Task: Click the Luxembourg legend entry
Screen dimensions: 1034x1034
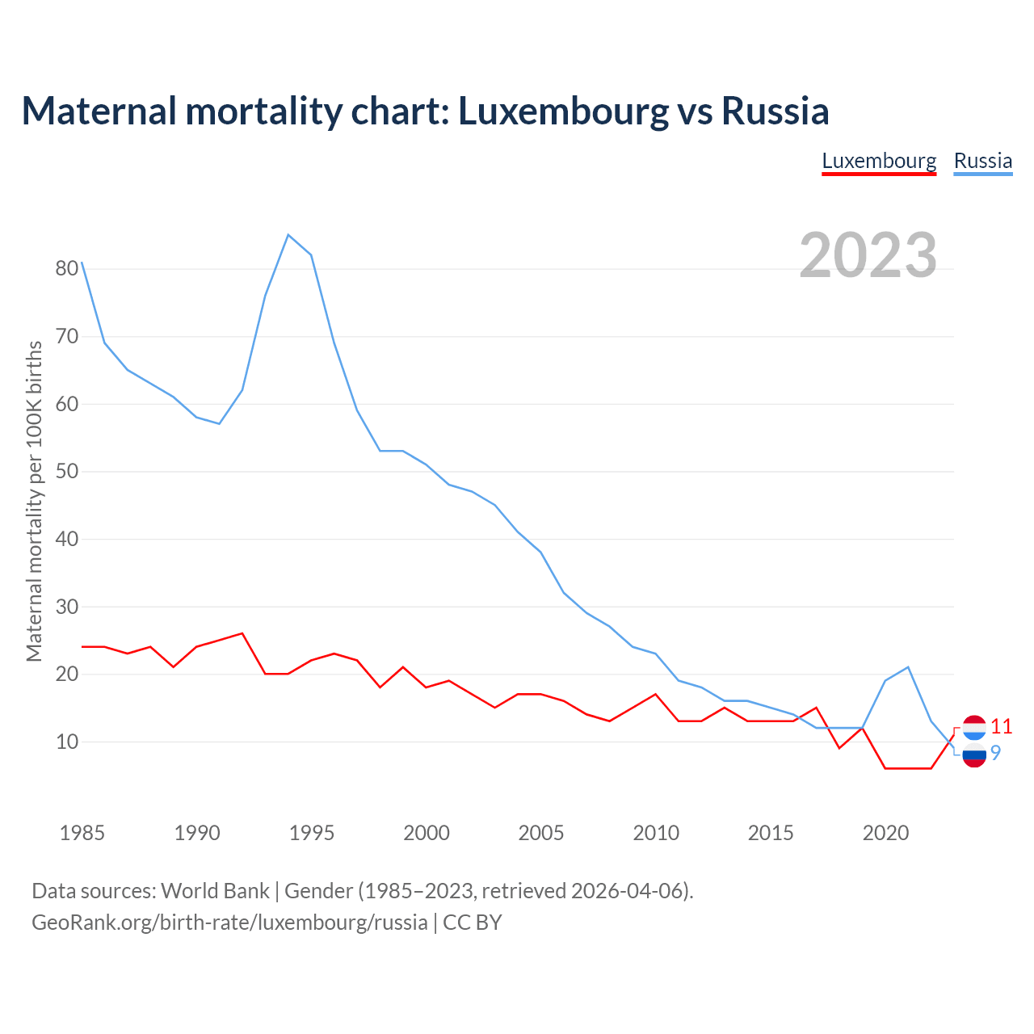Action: click(x=879, y=161)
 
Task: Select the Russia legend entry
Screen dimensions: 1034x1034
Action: click(x=982, y=161)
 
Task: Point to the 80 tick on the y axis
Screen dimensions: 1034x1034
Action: click(x=67, y=268)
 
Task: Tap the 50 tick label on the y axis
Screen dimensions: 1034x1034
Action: click(x=67, y=471)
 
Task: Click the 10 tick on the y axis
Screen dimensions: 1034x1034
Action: click(x=67, y=742)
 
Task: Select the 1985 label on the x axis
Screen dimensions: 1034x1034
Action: click(x=82, y=833)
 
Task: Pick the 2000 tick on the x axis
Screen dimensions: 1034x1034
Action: click(x=427, y=833)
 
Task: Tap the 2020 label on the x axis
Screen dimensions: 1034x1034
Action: click(x=885, y=833)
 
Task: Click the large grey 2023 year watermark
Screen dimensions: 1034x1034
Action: click(x=868, y=255)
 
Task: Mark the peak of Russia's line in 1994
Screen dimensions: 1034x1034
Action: click(x=288, y=235)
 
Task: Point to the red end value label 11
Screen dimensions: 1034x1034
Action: click(x=1001, y=726)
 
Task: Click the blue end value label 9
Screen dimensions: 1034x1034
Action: click(x=995, y=753)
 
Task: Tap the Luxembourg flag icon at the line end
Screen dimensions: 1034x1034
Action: click(x=974, y=727)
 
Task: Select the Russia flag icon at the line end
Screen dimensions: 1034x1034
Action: click(x=974, y=755)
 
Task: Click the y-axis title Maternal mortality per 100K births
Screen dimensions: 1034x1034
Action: click(x=34, y=501)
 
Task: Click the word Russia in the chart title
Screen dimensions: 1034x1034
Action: click(x=775, y=111)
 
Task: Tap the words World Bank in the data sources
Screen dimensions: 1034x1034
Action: click(x=215, y=891)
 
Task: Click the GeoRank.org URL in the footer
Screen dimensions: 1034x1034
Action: click(x=229, y=923)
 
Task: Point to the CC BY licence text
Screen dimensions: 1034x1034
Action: click(x=473, y=923)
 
